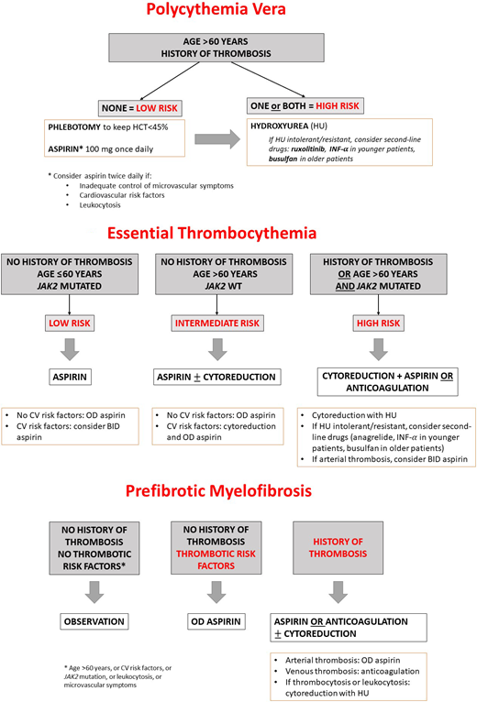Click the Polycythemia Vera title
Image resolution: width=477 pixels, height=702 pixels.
(x=238, y=13)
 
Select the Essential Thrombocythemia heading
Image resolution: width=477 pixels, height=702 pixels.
(x=238, y=234)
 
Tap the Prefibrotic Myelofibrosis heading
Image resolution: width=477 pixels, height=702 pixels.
(x=238, y=490)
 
